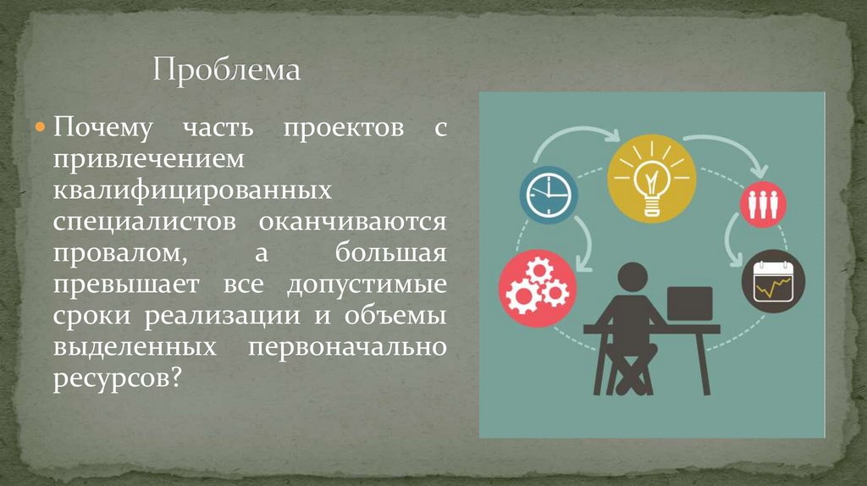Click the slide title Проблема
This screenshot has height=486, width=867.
[226, 69]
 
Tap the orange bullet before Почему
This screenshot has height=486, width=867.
[41, 128]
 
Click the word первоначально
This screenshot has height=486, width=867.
[349, 347]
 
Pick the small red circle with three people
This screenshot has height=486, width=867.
[764, 202]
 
